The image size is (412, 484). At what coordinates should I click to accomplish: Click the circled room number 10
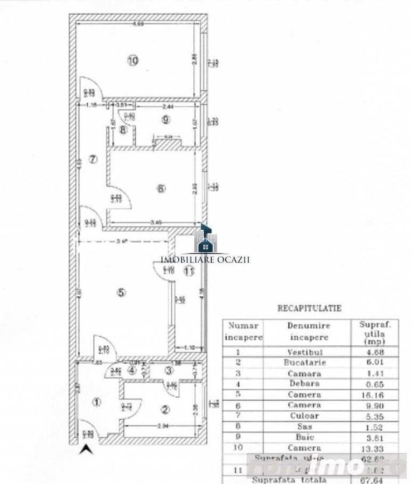click(x=133, y=60)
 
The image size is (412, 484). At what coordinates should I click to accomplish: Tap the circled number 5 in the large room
click(x=121, y=293)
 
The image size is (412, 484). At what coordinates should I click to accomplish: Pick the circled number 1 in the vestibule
click(x=96, y=402)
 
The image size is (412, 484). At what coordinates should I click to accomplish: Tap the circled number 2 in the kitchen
click(x=165, y=410)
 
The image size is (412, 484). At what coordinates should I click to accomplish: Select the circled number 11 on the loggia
click(x=188, y=272)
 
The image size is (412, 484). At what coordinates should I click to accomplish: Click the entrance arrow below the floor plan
click(x=83, y=450)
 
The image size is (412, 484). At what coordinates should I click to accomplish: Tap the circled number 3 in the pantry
click(x=169, y=370)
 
